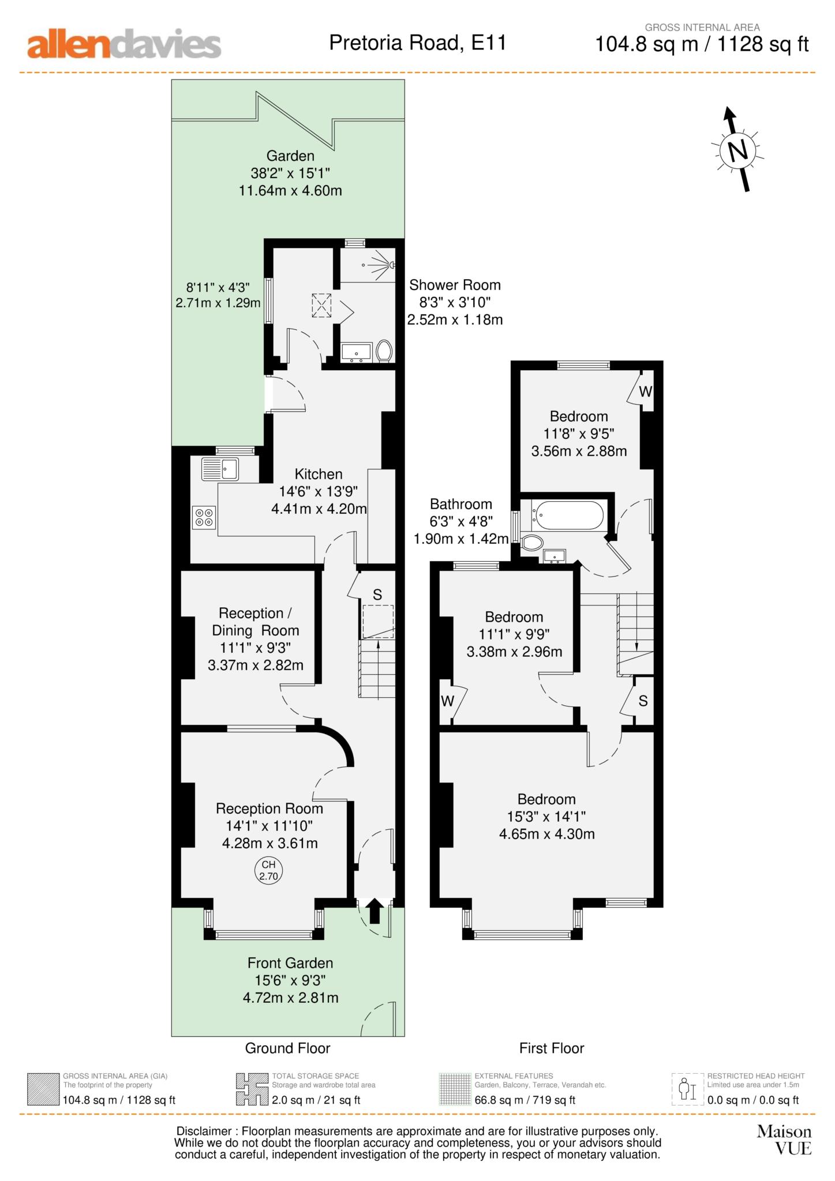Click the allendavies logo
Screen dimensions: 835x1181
click(x=124, y=44)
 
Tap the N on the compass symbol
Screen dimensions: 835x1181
click(x=738, y=151)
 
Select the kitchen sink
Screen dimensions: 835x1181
click(x=220, y=469)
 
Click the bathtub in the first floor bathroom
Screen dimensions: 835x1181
click(x=568, y=515)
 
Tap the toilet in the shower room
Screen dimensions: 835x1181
click(x=384, y=351)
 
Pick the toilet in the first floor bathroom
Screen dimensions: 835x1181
click(x=532, y=543)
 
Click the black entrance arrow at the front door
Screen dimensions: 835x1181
click(x=375, y=911)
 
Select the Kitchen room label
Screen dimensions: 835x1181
click(x=319, y=474)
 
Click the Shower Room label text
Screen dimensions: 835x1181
click(x=455, y=285)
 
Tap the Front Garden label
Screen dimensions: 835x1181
click(x=290, y=963)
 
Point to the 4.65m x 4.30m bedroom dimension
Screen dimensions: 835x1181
click(x=546, y=834)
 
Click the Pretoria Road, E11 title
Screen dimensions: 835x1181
click(x=418, y=43)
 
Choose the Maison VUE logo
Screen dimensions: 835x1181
click(x=784, y=1140)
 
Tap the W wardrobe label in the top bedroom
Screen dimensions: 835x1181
click(x=645, y=392)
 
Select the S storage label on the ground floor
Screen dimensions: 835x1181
click(x=377, y=595)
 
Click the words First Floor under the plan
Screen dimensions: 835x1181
click(x=552, y=1048)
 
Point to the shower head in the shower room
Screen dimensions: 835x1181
click(x=392, y=265)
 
